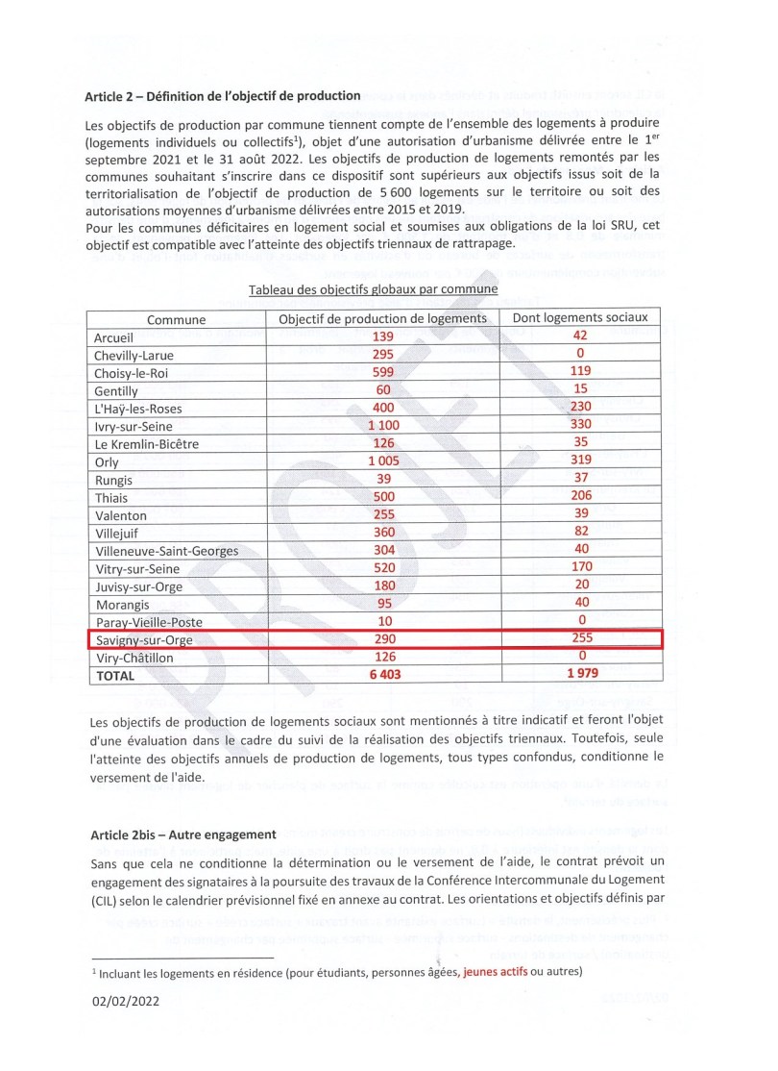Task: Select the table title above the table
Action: coord(373,289)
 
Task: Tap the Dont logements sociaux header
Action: coord(581,318)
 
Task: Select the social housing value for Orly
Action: coord(581,461)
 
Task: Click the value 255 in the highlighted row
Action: coord(581,638)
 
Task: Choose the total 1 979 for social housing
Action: coord(581,675)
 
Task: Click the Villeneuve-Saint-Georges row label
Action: coord(166,551)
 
